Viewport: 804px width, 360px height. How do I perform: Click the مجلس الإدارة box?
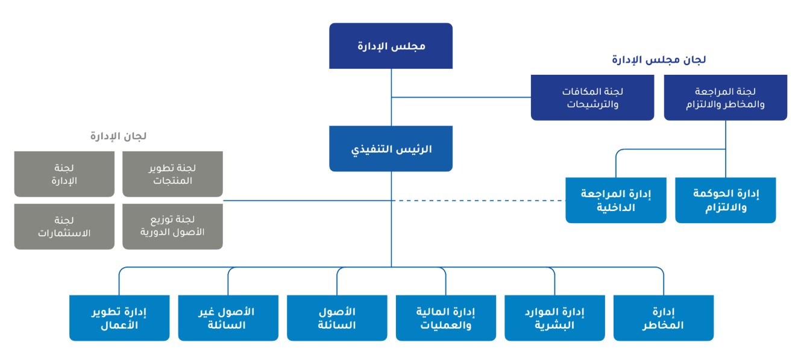[391, 46]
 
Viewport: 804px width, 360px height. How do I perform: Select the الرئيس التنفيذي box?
[391, 149]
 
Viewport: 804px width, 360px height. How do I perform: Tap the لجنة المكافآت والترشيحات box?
[592, 98]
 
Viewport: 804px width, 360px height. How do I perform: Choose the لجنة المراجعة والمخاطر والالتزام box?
[726, 98]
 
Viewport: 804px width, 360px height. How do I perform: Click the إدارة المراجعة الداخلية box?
[616, 200]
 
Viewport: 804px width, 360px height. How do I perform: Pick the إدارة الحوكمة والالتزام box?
[726, 200]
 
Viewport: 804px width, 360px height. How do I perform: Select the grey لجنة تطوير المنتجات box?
[172, 174]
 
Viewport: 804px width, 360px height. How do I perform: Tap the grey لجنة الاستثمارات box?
[64, 227]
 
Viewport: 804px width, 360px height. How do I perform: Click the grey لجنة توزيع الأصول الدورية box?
[172, 227]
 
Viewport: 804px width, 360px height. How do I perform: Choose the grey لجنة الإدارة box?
[64, 174]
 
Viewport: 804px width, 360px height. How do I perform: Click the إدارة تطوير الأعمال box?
[119, 318]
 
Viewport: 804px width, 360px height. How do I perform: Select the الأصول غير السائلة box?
[228, 318]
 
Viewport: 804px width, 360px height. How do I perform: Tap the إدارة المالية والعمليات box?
[446, 318]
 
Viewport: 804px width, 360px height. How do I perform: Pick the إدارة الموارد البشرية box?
[555, 318]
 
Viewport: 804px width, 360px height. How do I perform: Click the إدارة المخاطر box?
[664, 318]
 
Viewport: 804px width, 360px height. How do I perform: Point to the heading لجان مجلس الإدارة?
[659, 60]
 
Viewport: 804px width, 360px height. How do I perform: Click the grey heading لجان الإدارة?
[119, 136]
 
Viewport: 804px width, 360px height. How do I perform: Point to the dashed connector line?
[479, 200]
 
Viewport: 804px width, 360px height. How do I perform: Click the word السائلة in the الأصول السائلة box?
[337, 325]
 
